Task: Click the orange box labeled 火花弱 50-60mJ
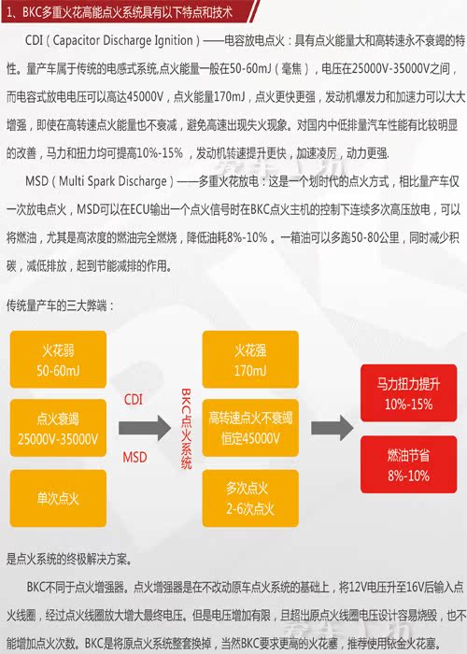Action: click(x=58, y=360)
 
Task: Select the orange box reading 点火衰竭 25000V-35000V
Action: click(x=58, y=428)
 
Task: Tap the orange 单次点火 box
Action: click(x=58, y=498)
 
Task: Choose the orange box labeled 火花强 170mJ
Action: click(x=250, y=360)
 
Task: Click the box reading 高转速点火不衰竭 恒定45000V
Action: click(x=250, y=428)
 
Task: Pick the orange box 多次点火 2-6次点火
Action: click(x=250, y=498)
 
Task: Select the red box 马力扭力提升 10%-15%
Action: click(x=409, y=393)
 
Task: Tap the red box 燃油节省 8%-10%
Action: click(x=409, y=464)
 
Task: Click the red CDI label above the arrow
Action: click(x=134, y=400)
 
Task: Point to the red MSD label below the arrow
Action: click(x=134, y=457)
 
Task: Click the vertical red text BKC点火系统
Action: click(x=186, y=429)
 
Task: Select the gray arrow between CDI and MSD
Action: click(x=145, y=428)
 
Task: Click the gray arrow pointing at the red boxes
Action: click(x=333, y=428)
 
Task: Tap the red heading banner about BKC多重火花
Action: click(x=129, y=11)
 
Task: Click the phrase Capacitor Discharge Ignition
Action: click(x=123, y=40)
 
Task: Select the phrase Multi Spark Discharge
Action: click(x=113, y=181)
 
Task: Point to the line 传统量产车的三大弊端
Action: click(x=60, y=306)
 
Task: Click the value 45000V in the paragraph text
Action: click(x=145, y=97)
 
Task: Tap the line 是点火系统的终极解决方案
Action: click(x=69, y=559)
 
